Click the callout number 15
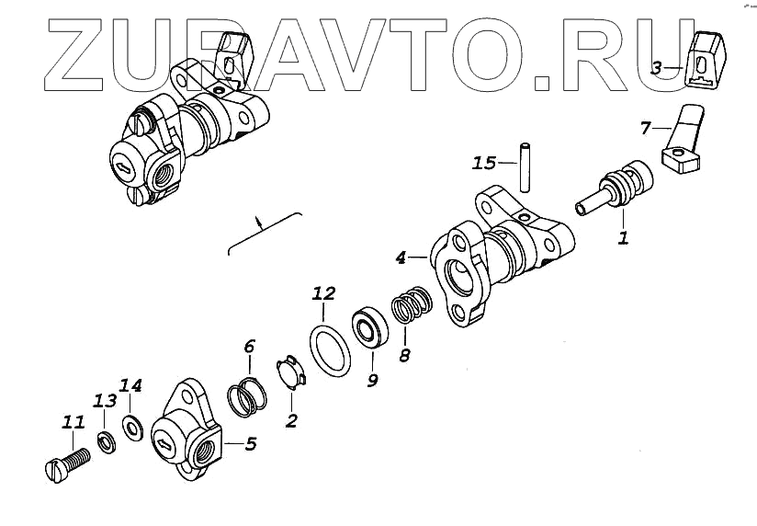tap(483, 164)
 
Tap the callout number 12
tap(322, 295)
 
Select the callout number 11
tap(73, 423)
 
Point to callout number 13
tap(104, 401)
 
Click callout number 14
tap(131, 384)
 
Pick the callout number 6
tap(249, 347)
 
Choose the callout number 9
tap(372, 379)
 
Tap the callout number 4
tap(401, 259)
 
